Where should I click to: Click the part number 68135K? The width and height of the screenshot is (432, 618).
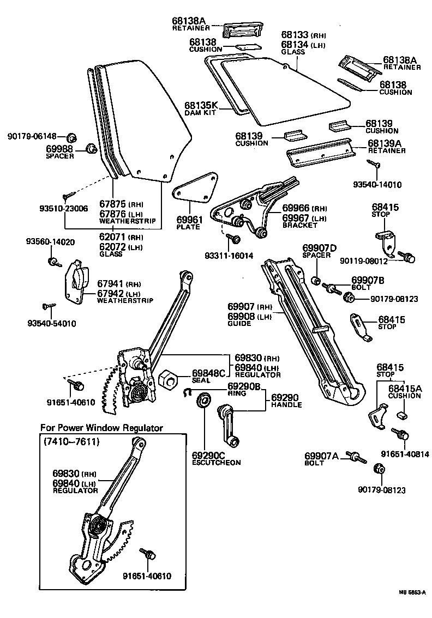click(x=201, y=105)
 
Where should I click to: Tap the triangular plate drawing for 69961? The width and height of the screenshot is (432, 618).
click(x=197, y=187)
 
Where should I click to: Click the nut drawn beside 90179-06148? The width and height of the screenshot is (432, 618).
click(x=72, y=136)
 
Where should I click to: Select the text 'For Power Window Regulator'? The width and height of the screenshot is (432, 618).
click(x=101, y=428)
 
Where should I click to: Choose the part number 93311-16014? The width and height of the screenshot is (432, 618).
click(x=229, y=255)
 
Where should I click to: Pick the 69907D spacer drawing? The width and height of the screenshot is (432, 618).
click(x=316, y=281)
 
